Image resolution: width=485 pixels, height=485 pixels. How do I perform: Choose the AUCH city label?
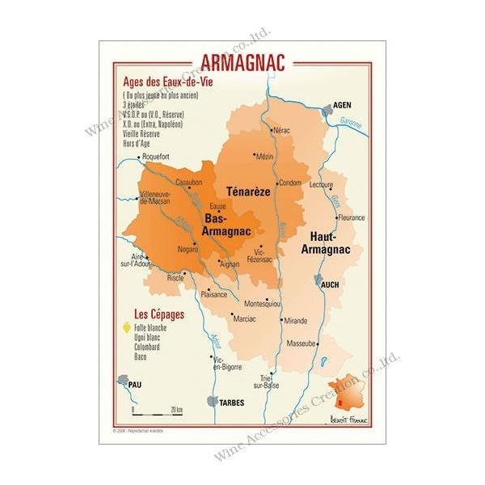329,285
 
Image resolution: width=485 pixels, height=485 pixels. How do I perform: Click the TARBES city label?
232,402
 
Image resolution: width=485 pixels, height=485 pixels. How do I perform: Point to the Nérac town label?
281,130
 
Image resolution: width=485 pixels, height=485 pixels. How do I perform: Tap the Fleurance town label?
351,217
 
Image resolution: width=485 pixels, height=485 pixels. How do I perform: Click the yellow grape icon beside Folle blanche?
126,327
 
